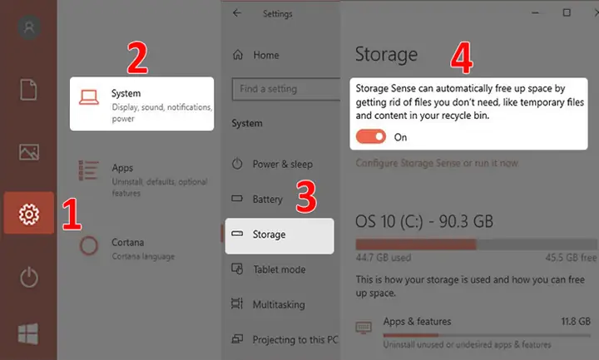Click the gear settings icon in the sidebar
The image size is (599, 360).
point(29,214)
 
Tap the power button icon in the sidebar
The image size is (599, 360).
point(29,278)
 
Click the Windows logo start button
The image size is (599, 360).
point(28,333)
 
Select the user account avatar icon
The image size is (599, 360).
point(29,27)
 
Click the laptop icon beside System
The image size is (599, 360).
point(89,97)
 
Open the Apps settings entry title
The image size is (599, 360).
point(122,168)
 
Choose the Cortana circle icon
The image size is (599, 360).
point(89,245)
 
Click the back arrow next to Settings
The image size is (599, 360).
point(237,13)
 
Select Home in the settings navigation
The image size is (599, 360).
point(266,56)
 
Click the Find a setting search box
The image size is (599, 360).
point(285,89)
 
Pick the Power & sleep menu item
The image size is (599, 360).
point(282,164)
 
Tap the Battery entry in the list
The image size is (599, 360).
point(267,200)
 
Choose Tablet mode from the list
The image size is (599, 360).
point(280,269)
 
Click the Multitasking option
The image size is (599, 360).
point(279,304)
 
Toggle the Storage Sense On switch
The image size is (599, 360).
point(370,136)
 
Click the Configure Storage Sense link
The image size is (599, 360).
point(437,163)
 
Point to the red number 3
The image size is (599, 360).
point(306,196)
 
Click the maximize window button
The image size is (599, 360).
point(567,12)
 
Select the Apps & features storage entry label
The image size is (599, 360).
point(417,322)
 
